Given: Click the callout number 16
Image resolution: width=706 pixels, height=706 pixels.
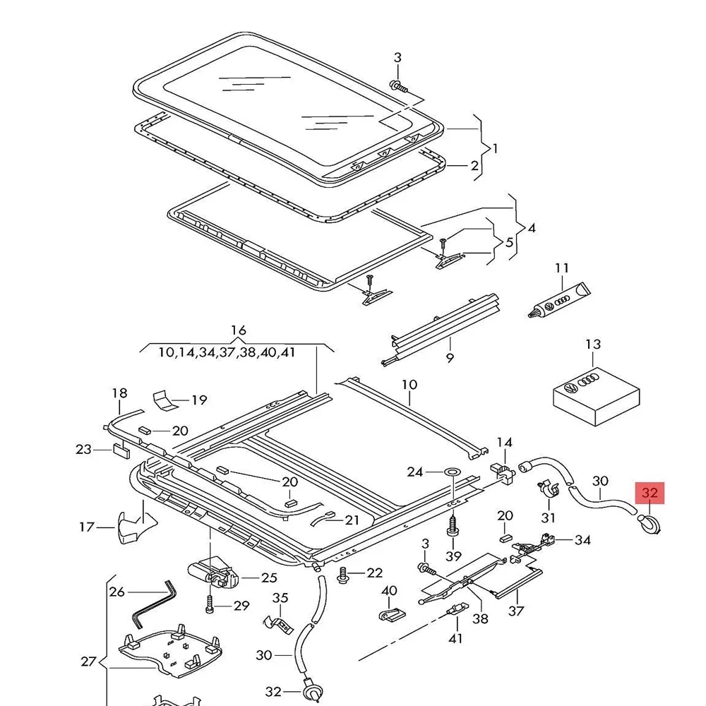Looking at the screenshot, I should click(239, 330).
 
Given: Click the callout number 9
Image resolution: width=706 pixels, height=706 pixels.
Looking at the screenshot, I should click(450, 358).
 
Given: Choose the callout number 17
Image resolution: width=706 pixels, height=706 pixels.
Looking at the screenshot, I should click(86, 527).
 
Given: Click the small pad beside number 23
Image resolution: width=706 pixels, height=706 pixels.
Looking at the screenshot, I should click(120, 450).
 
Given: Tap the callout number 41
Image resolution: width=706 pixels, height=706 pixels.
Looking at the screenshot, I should click(456, 638).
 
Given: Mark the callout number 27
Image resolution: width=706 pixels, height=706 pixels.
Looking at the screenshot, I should click(88, 662).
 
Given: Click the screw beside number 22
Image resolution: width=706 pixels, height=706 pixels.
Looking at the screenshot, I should click(344, 573).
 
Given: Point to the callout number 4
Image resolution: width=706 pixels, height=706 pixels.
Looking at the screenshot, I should click(531, 228).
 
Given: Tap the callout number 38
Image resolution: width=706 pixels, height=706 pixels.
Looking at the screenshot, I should click(480, 618).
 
